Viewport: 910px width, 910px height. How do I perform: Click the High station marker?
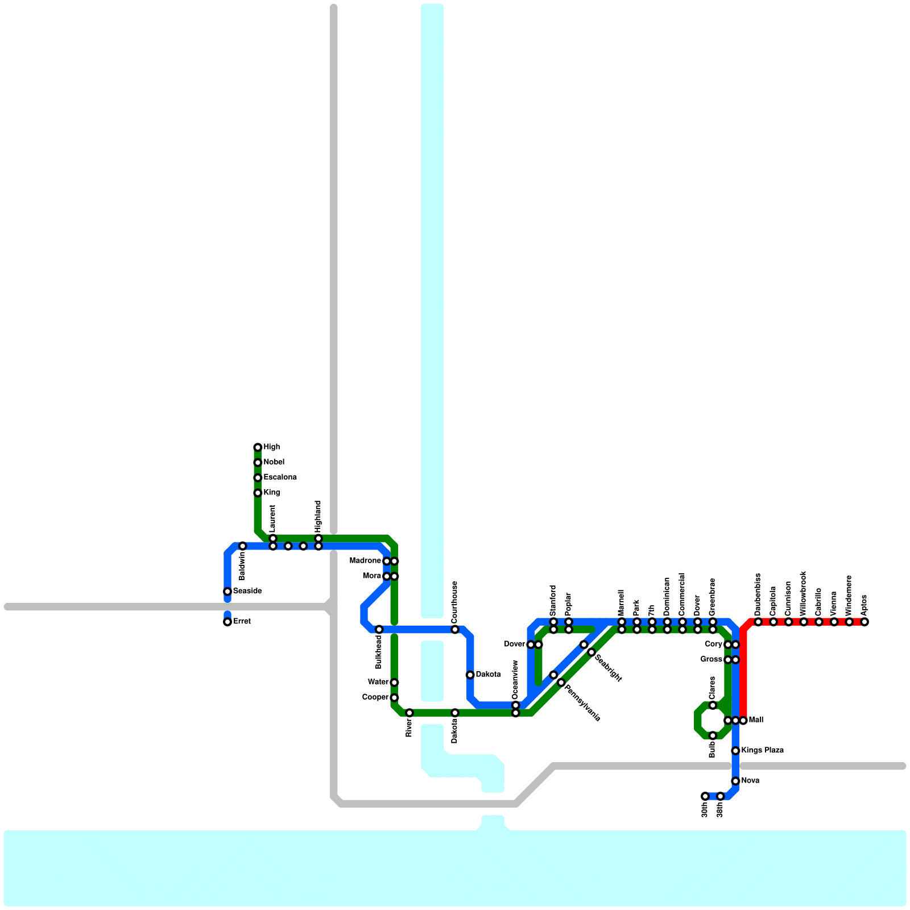[x=258, y=447]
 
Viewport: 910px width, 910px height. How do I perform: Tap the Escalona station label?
[x=280, y=477]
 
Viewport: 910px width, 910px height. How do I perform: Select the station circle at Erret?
[x=227, y=622]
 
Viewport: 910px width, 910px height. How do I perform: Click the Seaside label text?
[x=247, y=591]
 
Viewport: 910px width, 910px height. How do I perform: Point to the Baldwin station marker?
[x=242, y=546]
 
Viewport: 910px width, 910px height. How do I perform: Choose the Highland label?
[x=318, y=516]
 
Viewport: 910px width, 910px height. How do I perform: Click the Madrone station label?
[x=365, y=561]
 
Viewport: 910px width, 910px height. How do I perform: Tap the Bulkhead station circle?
[x=379, y=630]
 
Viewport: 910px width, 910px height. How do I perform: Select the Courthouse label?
[x=454, y=602]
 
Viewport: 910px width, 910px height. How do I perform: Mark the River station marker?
[x=409, y=713]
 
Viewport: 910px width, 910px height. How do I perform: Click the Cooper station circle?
[x=394, y=697]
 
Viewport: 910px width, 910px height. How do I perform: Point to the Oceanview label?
[x=515, y=679]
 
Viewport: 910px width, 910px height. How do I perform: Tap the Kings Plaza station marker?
[x=735, y=751]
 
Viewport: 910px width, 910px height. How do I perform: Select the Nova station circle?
[x=735, y=781]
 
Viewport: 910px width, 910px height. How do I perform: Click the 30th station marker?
[x=705, y=796]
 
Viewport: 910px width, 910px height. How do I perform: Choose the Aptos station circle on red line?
[x=864, y=622]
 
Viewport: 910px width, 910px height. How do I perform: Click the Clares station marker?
[x=713, y=705]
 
